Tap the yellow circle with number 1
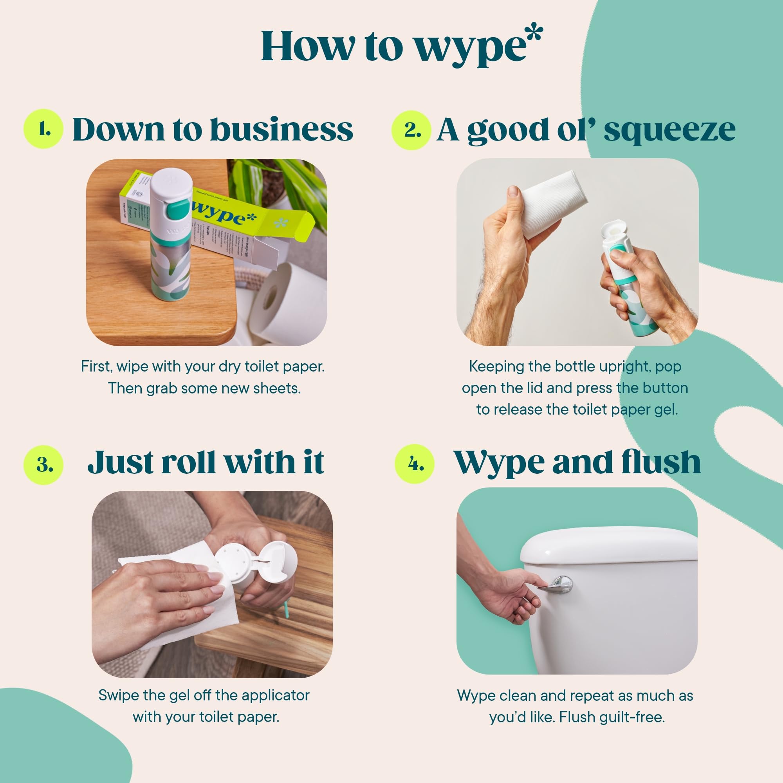43,129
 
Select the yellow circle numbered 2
411,130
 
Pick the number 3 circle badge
43,465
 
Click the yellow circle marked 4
415,464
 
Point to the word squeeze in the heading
669,130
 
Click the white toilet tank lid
608,545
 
